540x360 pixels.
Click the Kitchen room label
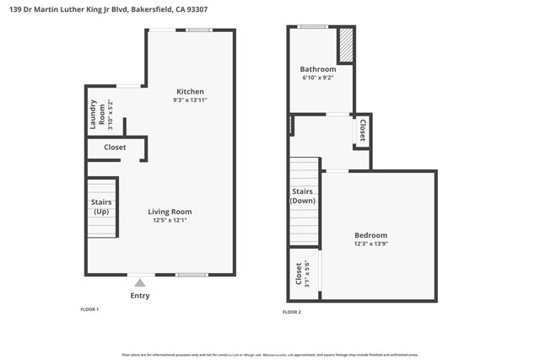[x=190, y=92]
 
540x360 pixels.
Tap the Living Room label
[x=170, y=212]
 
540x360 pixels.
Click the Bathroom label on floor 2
[x=317, y=69]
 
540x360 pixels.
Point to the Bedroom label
[x=370, y=235]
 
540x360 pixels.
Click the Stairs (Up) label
[x=101, y=206]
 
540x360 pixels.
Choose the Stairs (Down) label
[x=302, y=196]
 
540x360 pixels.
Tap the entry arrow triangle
[x=140, y=282]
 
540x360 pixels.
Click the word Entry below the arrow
[x=140, y=295]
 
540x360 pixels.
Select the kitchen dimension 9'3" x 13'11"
[x=190, y=100]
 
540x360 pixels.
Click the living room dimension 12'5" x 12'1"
[x=170, y=221]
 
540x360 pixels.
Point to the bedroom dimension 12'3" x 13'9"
[x=370, y=244]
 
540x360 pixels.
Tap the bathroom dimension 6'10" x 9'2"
[x=317, y=78]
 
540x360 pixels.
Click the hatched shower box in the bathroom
[x=346, y=46]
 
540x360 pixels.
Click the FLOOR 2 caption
[x=291, y=312]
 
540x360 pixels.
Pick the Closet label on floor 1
[x=115, y=148]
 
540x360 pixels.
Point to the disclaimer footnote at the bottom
[x=269, y=354]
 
